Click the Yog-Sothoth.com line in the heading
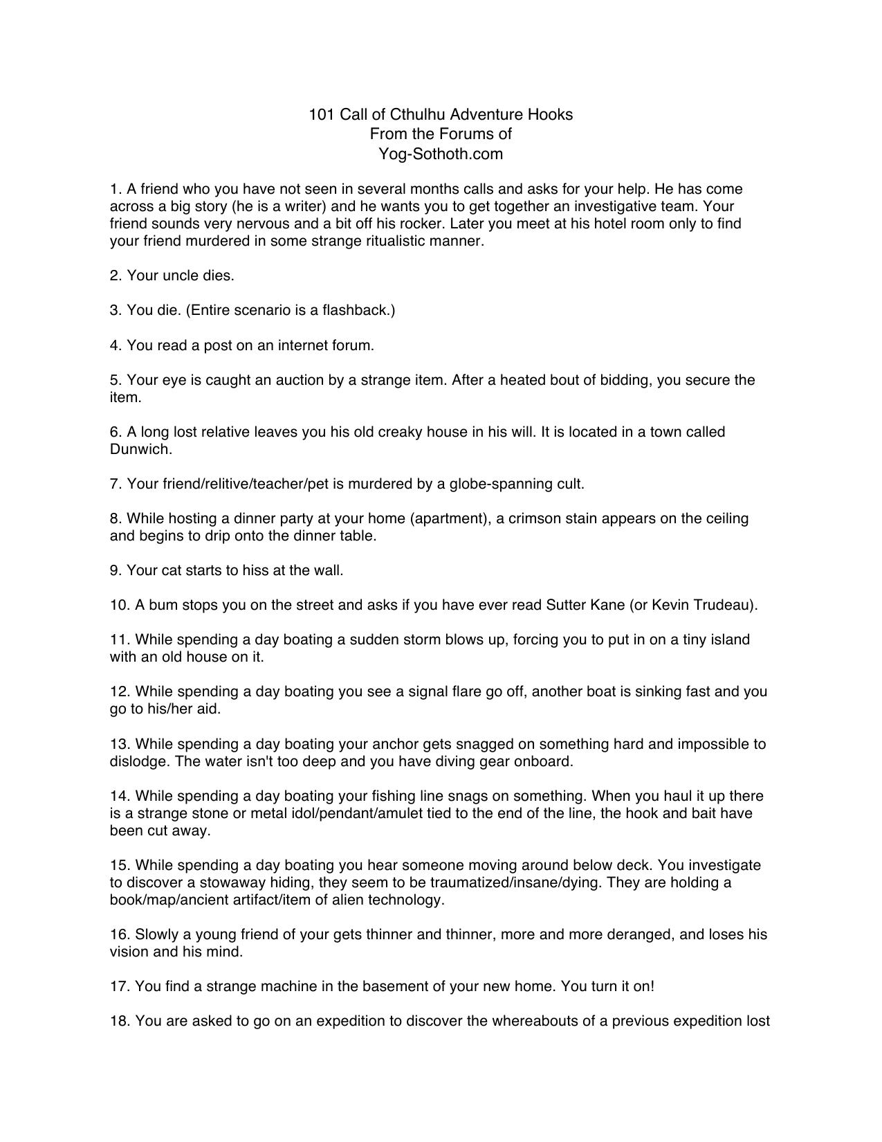[x=441, y=154]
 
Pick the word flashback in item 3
[x=356, y=310]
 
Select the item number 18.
[x=119, y=1021]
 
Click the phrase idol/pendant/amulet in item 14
[x=351, y=813]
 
